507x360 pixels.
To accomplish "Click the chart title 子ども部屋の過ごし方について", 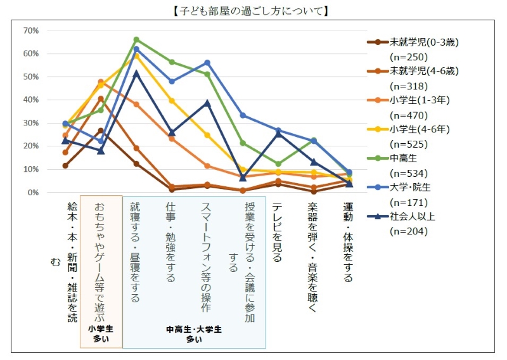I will coord(253,11).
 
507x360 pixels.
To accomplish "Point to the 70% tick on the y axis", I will coord(31,30).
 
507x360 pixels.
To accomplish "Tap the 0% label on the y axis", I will coord(33,192).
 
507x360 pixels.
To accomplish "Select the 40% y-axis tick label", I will coord(31,100).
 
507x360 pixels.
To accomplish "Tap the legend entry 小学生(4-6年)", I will coord(420,129).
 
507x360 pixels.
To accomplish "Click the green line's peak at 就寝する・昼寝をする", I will coord(136,39).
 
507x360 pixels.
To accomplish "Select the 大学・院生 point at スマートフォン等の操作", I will coord(207,63).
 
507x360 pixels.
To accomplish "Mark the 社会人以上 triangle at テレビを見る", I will coord(278,133).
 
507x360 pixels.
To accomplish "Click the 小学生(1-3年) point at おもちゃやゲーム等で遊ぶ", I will coord(101,82).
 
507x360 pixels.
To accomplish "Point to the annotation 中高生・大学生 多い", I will coord(194,334).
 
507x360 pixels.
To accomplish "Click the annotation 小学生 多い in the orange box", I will coord(101,334).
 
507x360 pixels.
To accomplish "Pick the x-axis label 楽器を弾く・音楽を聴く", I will coord(313,257).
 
